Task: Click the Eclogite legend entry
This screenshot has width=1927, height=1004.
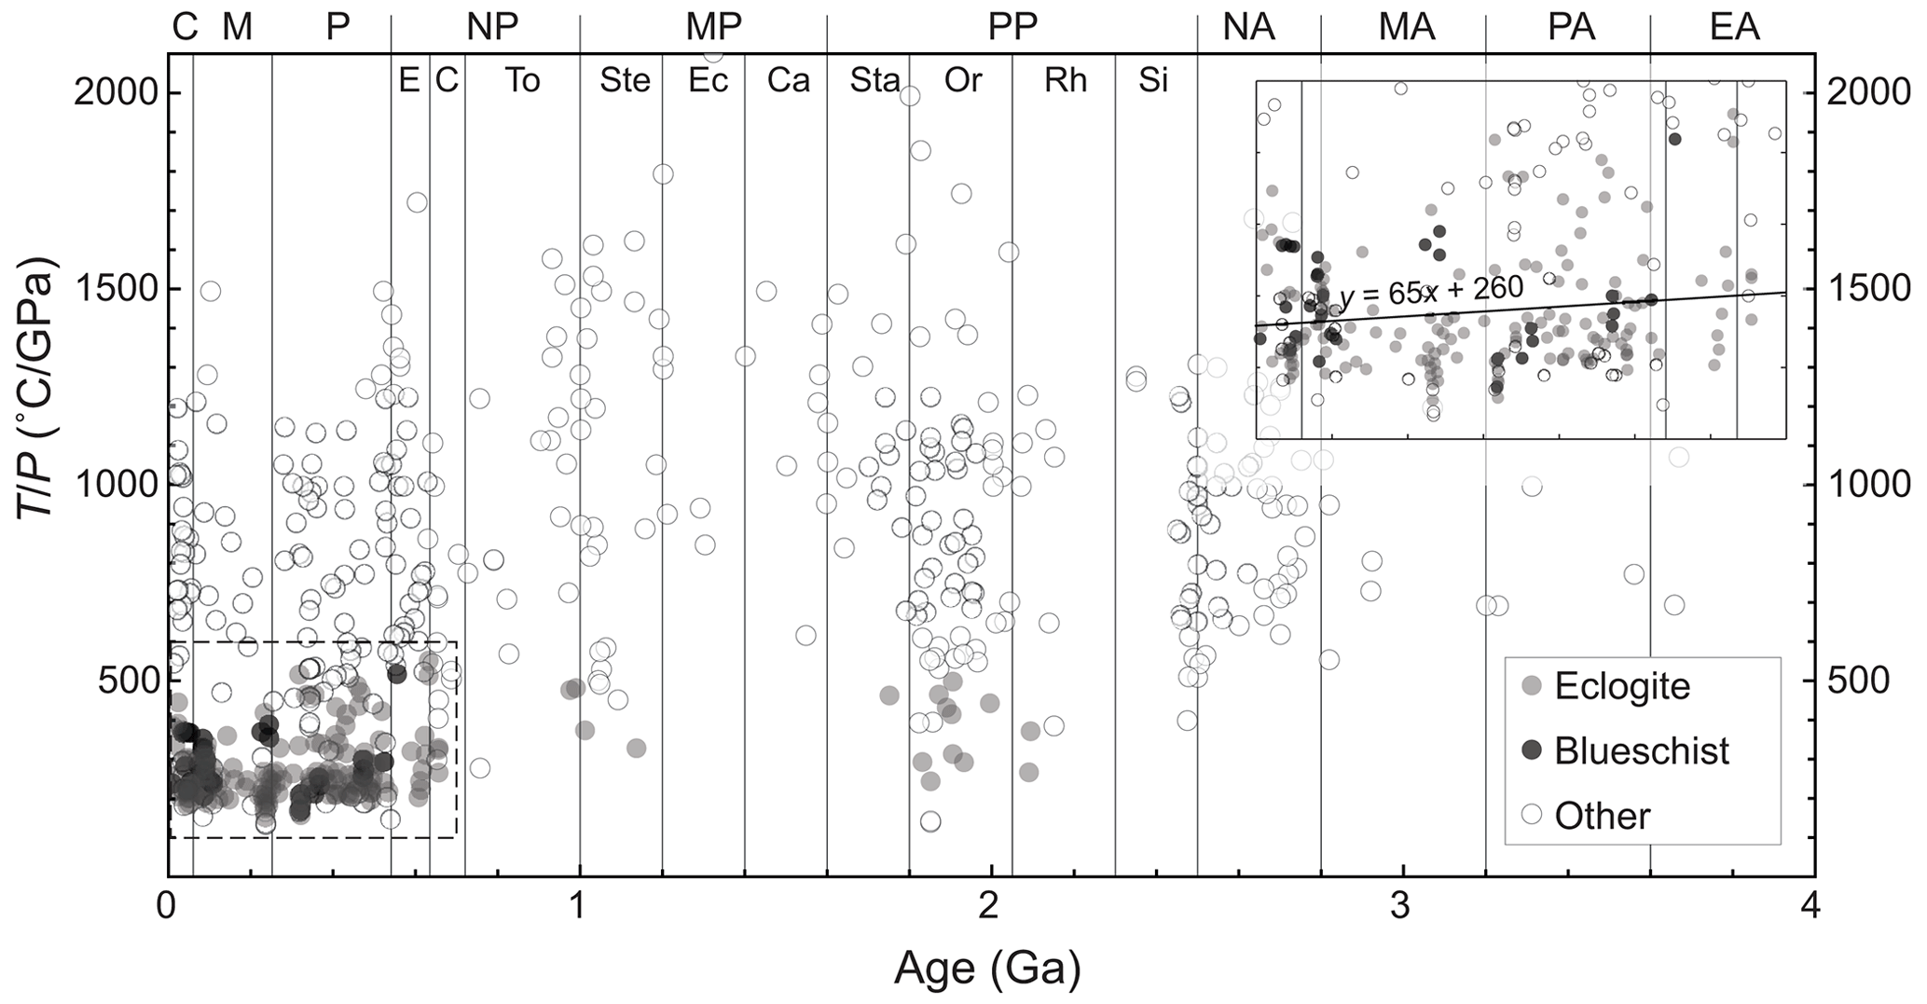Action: tap(1621, 687)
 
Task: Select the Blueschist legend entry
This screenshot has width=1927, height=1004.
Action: tap(1641, 751)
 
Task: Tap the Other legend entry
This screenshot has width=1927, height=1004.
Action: tap(1602, 816)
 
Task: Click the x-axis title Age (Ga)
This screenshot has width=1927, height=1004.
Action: tap(988, 970)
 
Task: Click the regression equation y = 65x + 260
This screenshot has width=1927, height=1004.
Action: tap(1431, 292)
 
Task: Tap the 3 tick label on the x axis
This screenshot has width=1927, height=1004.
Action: tap(1403, 905)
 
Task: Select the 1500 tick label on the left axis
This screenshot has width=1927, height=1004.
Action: tap(119, 290)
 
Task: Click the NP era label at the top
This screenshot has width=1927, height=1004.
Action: tap(492, 28)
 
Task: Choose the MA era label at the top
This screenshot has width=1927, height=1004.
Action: tap(1407, 28)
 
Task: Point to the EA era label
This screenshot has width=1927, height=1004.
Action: tap(1735, 28)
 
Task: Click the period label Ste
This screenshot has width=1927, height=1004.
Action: tap(625, 81)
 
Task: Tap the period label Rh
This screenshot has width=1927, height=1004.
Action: tap(1066, 81)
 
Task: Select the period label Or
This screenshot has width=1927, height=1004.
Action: tap(962, 81)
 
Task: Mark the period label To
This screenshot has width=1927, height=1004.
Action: tap(522, 81)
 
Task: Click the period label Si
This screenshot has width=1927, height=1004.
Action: tap(1153, 81)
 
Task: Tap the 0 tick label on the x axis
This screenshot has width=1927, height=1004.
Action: tap(168, 905)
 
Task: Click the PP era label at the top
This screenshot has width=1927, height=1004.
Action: tap(1012, 28)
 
